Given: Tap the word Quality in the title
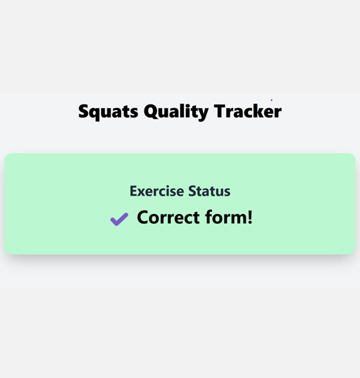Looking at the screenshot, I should coord(176,111).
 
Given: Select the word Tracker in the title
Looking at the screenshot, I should coord(248,111).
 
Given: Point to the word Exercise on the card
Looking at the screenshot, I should coord(155,191).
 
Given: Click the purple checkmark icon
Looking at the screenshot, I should coord(119,219).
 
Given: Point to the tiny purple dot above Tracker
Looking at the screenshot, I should coord(271,100).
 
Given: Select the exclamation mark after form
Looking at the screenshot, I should coord(250,217).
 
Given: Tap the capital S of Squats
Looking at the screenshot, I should coord(84,111).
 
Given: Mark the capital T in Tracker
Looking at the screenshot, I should coord(219,111).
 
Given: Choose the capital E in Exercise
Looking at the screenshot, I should coord(133,191).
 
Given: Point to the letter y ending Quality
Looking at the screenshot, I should coord(204,113).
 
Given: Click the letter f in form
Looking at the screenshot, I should coord(212,217).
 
